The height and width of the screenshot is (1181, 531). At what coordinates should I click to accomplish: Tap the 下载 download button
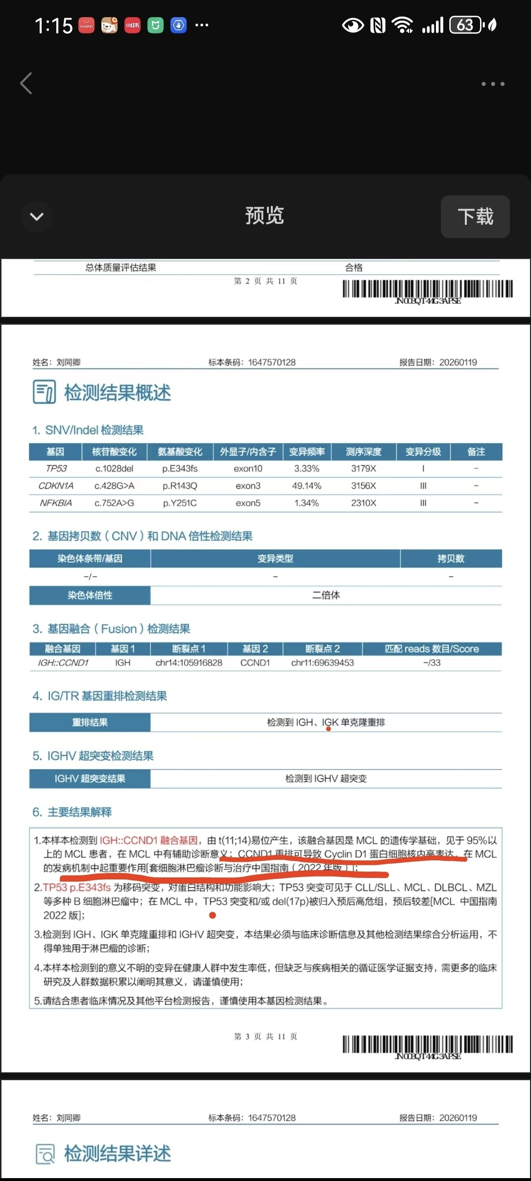click(475, 216)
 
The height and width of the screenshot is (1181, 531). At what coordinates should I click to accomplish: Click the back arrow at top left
click(26, 83)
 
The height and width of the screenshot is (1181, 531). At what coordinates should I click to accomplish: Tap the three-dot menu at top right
click(492, 84)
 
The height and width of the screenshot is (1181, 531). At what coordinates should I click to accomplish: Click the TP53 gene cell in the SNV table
click(56, 469)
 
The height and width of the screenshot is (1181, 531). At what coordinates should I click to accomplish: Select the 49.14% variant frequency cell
click(307, 486)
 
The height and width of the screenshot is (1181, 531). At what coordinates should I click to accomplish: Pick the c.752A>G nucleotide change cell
click(114, 503)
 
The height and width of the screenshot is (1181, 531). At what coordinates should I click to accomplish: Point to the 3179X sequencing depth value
click(363, 469)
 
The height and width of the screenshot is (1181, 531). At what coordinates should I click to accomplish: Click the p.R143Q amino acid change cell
click(180, 486)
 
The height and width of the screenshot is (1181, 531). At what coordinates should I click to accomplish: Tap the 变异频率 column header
click(307, 451)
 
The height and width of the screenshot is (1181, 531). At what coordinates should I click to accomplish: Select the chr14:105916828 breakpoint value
click(189, 662)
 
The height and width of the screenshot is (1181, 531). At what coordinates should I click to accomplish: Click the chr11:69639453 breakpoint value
click(322, 662)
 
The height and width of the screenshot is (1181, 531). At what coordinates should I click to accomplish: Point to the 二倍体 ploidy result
click(326, 595)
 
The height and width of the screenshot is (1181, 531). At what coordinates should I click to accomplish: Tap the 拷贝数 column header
click(451, 558)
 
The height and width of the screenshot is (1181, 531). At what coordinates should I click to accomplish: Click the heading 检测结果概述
click(118, 393)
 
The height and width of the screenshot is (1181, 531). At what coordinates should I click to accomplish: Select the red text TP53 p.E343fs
click(77, 887)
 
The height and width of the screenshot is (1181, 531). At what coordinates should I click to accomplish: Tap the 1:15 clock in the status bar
click(53, 25)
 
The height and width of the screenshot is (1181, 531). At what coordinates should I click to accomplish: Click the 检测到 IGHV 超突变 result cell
click(326, 779)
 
